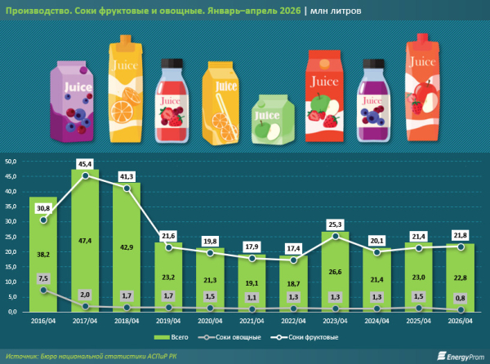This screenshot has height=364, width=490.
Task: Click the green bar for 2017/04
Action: tap(85, 241)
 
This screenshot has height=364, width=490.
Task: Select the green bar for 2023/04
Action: tap(335, 272)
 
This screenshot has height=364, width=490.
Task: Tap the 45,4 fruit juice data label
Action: tap(85, 164)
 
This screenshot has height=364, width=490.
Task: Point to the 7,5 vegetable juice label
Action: tap(43, 278)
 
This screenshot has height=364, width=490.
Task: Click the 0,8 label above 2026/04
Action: tap(460, 298)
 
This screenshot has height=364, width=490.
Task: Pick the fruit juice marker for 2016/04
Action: tap(44, 220)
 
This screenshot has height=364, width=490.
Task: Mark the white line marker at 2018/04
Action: tap(127, 189)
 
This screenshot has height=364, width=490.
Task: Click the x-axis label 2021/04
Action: tap(252, 321)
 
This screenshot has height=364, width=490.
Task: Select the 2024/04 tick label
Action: tap(376, 321)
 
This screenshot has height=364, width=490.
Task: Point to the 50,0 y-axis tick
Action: tap(11, 162)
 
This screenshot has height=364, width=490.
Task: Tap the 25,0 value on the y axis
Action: tap(11, 237)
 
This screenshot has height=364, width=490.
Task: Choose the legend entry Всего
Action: tap(171, 337)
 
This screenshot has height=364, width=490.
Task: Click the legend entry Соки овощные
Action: tap(229, 337)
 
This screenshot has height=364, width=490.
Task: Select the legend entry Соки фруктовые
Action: tap(305, 337)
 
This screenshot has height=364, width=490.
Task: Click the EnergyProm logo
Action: tap(461, 356)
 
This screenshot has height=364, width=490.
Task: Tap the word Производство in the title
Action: tap(35, 11)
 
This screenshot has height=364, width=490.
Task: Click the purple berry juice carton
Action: tap(72, 101)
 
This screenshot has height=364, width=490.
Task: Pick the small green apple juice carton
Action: tap(273, 119)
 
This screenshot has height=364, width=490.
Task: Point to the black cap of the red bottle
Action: tap(171, 63)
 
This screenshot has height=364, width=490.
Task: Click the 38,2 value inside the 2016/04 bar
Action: tap(43, 255)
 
